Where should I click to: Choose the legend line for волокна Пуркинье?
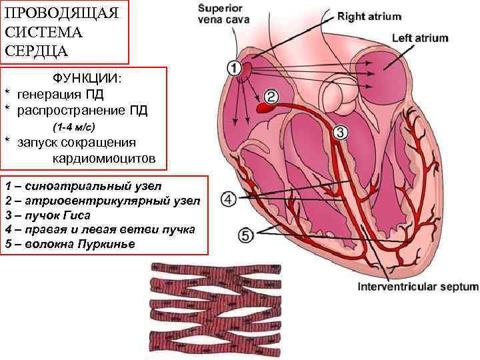(69, 245)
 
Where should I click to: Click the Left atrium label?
(420, 38)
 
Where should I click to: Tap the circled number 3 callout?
(339, 132)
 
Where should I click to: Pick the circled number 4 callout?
(229, 199)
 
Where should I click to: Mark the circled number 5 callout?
(246, 235)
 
